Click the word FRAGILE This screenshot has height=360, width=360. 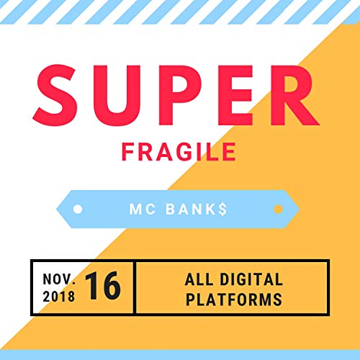(x=179, y=152)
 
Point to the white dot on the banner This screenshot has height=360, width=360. (x=78, y=210)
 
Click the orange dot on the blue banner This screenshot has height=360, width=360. (x=277, y=210)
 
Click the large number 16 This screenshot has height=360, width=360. (x=104, y=287)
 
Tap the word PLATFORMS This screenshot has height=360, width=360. (x=233, y=297)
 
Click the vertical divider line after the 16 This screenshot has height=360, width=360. (x=135, y=287)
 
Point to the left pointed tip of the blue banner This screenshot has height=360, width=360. (x=57, y=210)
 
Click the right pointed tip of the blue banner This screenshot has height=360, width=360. (x=300, y=210)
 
